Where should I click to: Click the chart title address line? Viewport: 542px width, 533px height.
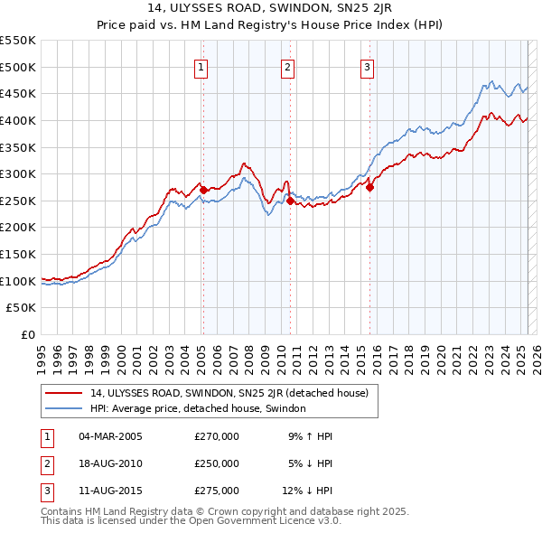pos(271,10)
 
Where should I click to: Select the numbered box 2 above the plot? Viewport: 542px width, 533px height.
pos(286,66)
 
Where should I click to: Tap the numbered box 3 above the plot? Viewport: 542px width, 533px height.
pos(368,66)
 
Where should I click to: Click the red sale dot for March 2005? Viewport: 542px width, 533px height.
pos(203,190)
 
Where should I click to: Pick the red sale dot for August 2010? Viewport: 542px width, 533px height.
pos(290,201)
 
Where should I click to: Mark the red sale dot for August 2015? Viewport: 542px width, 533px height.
pos(370,187)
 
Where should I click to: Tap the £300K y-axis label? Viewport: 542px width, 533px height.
pos(18,173)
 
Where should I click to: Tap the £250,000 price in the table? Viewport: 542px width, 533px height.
pos(217,463)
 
